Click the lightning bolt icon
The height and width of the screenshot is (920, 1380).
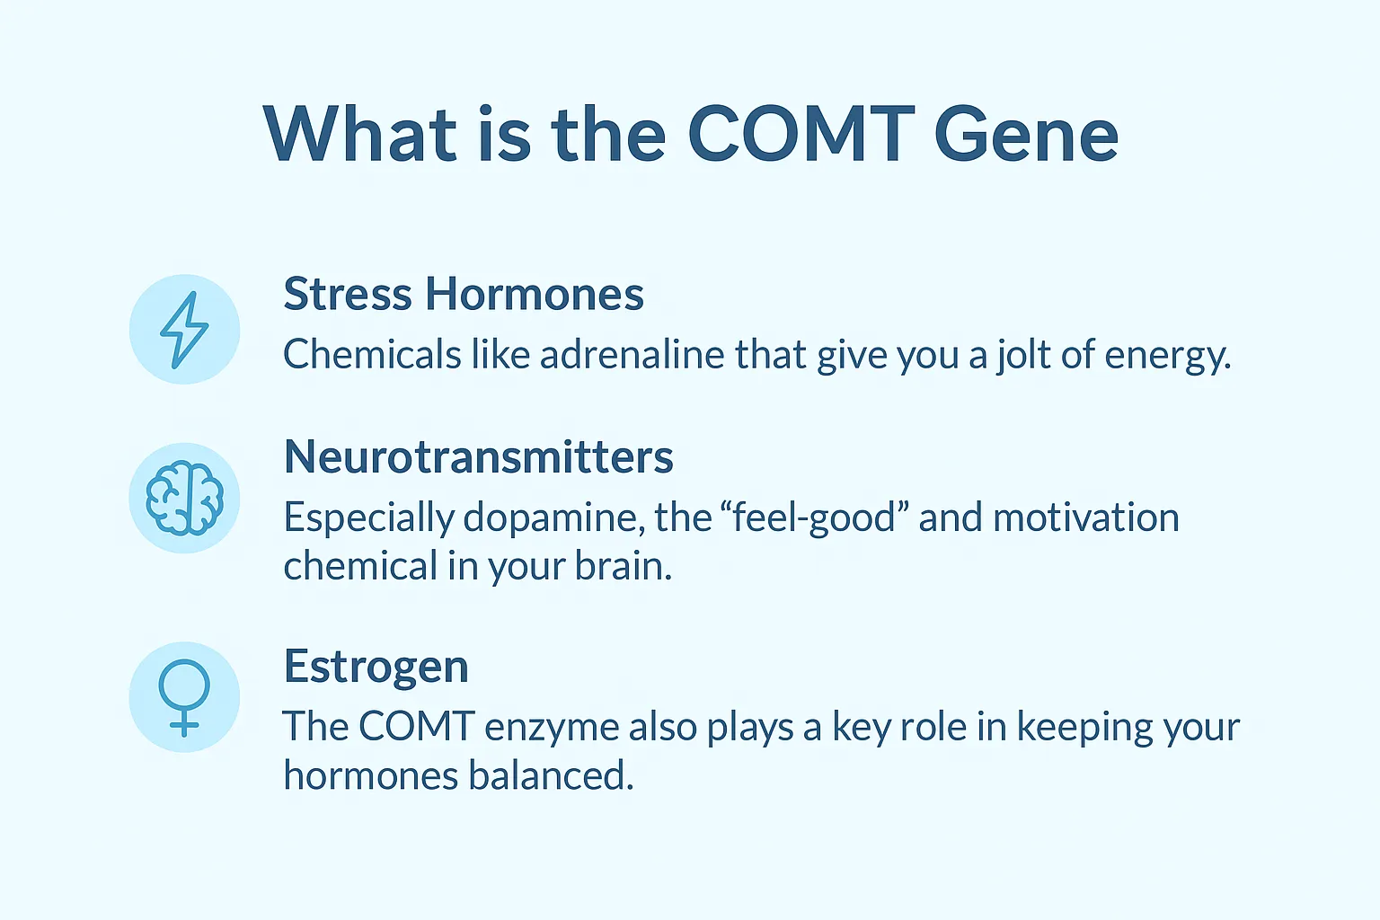[184, 330]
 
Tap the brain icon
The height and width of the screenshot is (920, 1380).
[184, 499]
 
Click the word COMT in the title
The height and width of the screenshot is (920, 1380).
[801, 135]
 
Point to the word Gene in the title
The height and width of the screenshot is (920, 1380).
[1026, 135]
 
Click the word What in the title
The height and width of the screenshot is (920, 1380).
[359, 135]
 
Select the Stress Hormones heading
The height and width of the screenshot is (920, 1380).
[464, 294]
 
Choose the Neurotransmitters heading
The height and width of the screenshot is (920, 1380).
[478, 456]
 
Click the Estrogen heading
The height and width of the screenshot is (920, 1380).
[376, 667]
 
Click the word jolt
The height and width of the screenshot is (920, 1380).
[1022, 355]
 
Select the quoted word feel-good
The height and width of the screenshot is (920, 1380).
[815, 518]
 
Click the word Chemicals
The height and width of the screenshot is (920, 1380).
[372, 355]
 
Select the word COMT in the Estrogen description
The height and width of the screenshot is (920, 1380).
[416, 727]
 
